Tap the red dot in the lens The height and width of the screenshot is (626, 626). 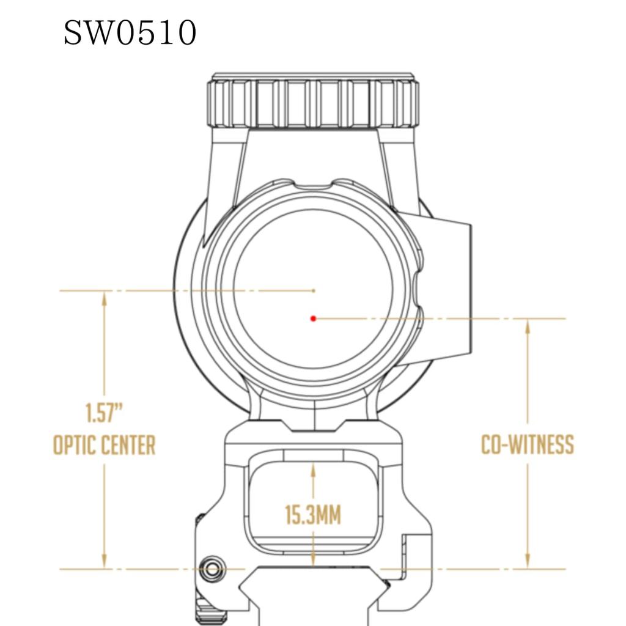click(x=313, y=318)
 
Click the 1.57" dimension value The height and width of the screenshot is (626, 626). click(x=104, y=414)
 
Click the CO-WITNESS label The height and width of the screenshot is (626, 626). click(x=528, y=444)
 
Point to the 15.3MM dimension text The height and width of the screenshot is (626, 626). click(x=313, y=515)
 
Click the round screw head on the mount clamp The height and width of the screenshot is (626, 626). click(x=213, y=569)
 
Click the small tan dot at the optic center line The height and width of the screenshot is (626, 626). click(x=314, y=290)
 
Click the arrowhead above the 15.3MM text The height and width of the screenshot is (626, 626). click(x=313, y=471)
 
